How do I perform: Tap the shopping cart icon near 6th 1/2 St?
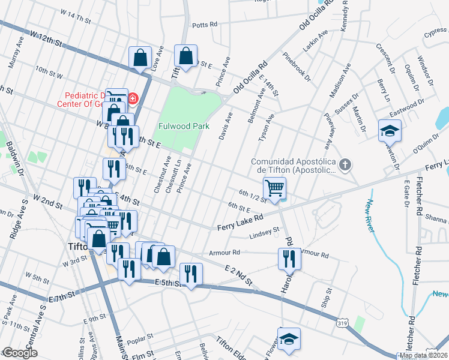pyautogui.click(x=275, y=188)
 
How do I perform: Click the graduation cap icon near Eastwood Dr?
pyautogui.click(x=390, y=130)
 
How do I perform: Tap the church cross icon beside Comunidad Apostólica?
pyautogui.click(x=345, y=164)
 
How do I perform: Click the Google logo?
pyautogui.click(x=20, y=353)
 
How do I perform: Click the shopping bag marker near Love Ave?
pyautogui.click(x=140, y=58)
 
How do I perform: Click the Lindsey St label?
pyautogui.click(x=265, y=231)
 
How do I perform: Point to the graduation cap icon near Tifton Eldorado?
pyautogui.click(x=288, y=339)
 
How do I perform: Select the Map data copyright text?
pyautogui.click(x=423, y=355)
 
